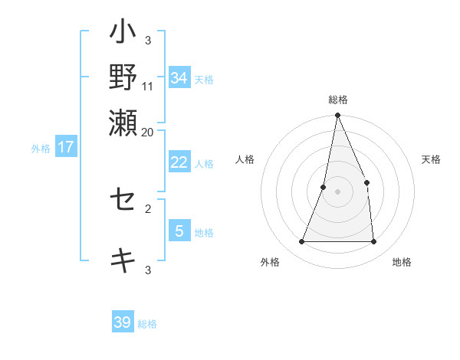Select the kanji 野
click(x=123, y=77)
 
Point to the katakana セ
click(x=123, y=201)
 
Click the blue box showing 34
click(x=179, y=78)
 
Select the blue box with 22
click(x=179, y=162)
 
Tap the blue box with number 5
click(x=179, y=231)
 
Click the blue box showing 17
click(x=66, y=147)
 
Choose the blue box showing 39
click(x=123, y=322)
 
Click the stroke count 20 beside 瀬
click(x=148, y=132)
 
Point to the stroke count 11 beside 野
click(x=148, y=86)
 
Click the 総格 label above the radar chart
click(x=338, y=100)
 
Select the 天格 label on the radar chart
click(x=431, y=159)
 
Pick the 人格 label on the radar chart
click(x=245, y=159)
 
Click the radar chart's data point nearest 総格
click(x=338, y=116)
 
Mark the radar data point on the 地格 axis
click(x=374, y=242)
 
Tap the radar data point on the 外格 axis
click(x=302, y=242)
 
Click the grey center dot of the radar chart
click(x=338, y=191)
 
